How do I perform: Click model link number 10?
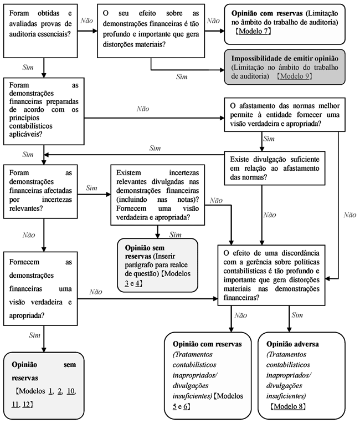click(71, 391)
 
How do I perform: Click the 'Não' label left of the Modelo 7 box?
click(213, 21)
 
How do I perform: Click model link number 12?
click(27, 405)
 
